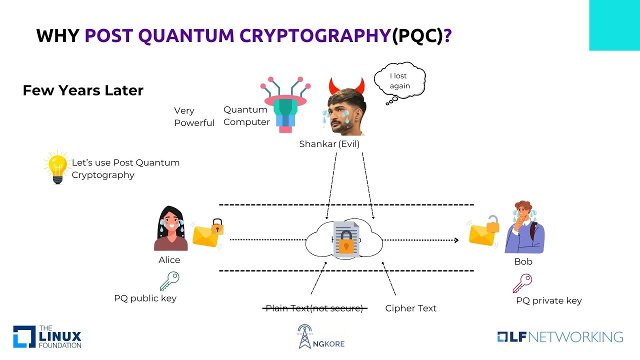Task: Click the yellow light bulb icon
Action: click(56, 166)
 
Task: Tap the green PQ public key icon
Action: click(169, 281)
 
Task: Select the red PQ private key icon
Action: click(522, 283)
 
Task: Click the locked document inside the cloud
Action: click(344, 239)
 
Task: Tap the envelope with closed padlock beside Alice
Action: click(207, 234)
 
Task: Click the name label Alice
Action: click(169, 260)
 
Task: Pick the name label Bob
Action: click(523, 261)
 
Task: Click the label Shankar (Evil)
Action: click(329, 144)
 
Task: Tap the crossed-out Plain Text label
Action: click(314, 308)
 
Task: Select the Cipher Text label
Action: click(410, 308)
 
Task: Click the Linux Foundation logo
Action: click(47, 336)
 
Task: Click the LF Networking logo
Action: click(560, 336)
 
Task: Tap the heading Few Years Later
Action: click(83, 90)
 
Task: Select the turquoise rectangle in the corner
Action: click(614, 25)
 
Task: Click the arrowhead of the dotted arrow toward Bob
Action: click(455, 240)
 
